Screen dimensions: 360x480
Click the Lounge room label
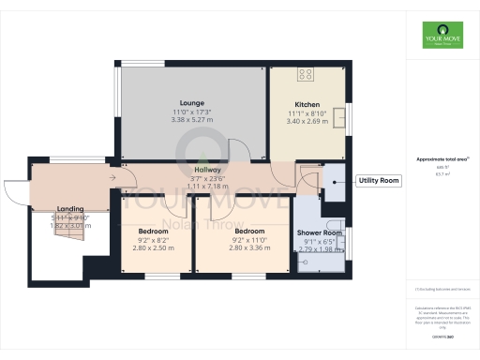[192, 102]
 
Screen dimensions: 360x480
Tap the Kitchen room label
[307, 104]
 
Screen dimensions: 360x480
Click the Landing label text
[71, 208]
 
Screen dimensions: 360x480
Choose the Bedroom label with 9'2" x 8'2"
[154, 231]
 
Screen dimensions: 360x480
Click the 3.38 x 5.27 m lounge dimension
[194, 119]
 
